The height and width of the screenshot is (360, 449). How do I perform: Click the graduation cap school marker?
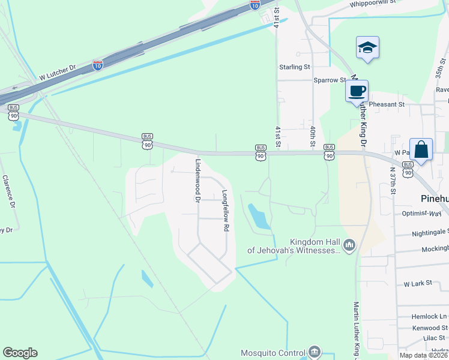(367, 48)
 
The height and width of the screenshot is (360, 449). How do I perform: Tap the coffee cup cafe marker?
(357, 91)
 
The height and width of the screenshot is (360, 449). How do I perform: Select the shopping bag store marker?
(421, 149)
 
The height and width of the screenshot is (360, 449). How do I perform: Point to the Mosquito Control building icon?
(314, 352)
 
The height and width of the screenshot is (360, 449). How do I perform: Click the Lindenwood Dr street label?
(197, 181)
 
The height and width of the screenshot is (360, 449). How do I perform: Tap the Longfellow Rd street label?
(226, 211)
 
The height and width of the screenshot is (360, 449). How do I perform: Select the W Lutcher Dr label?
(58, 76)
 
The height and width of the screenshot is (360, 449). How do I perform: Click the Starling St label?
(294, 67)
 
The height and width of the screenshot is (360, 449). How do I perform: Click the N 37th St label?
(393, 180)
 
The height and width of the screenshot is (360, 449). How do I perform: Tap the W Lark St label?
(418, 283)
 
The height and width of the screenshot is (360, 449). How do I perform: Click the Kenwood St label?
(429, 328)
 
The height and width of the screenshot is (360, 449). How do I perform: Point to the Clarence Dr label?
(8, 191)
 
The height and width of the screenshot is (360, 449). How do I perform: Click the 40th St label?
(313, 136)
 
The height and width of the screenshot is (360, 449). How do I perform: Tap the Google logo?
(20, 353)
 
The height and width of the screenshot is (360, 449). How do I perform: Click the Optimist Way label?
(421, 213)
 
